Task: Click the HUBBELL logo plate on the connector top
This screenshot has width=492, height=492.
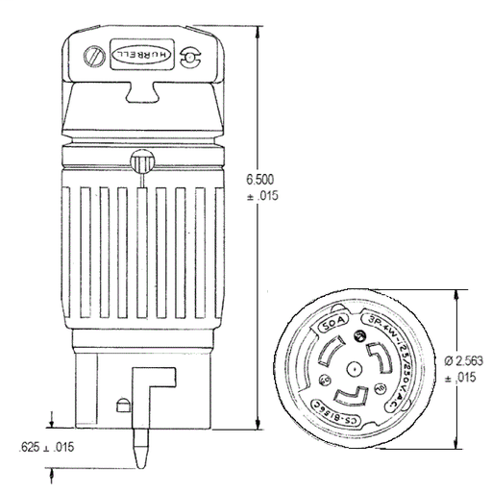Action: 139,56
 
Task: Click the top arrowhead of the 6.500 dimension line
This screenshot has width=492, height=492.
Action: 260,24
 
